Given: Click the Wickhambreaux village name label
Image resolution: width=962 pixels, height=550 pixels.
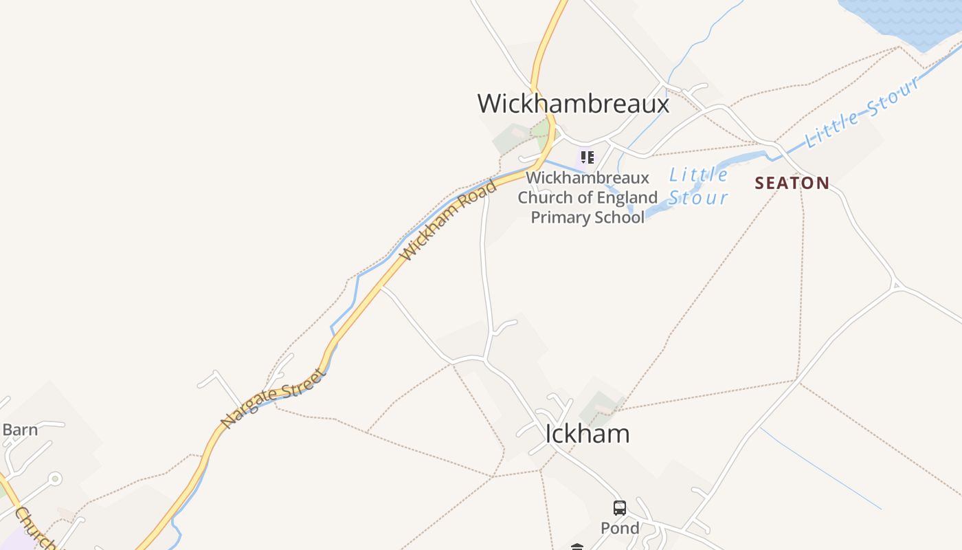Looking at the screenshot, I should tap(573, 104).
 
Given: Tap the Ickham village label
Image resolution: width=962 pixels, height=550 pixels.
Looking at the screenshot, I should tap(587, 434).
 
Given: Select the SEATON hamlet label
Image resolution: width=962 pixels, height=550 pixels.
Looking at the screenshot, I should tap(792, 183).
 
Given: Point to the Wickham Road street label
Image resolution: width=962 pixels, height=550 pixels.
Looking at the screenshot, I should tap(449, 221).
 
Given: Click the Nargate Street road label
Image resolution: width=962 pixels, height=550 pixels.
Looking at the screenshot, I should tap(273, 398).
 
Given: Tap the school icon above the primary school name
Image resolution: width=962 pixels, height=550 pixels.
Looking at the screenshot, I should tap(587, 157).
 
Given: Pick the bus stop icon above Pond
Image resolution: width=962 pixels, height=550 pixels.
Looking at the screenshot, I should tap(620, 508).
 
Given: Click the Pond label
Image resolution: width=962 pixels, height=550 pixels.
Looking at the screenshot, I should tap(620, 528).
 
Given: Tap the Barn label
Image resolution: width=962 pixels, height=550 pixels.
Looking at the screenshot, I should tap(20, 430).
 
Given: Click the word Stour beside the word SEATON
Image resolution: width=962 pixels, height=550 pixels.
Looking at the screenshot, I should tap(698, 198).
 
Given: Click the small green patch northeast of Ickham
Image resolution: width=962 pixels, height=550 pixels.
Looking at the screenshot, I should tap(602, 406).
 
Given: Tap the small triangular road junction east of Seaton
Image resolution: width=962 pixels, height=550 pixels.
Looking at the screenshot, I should tap(895, 284).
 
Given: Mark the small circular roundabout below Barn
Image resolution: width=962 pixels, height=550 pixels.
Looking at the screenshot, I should tap(56, 478).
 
